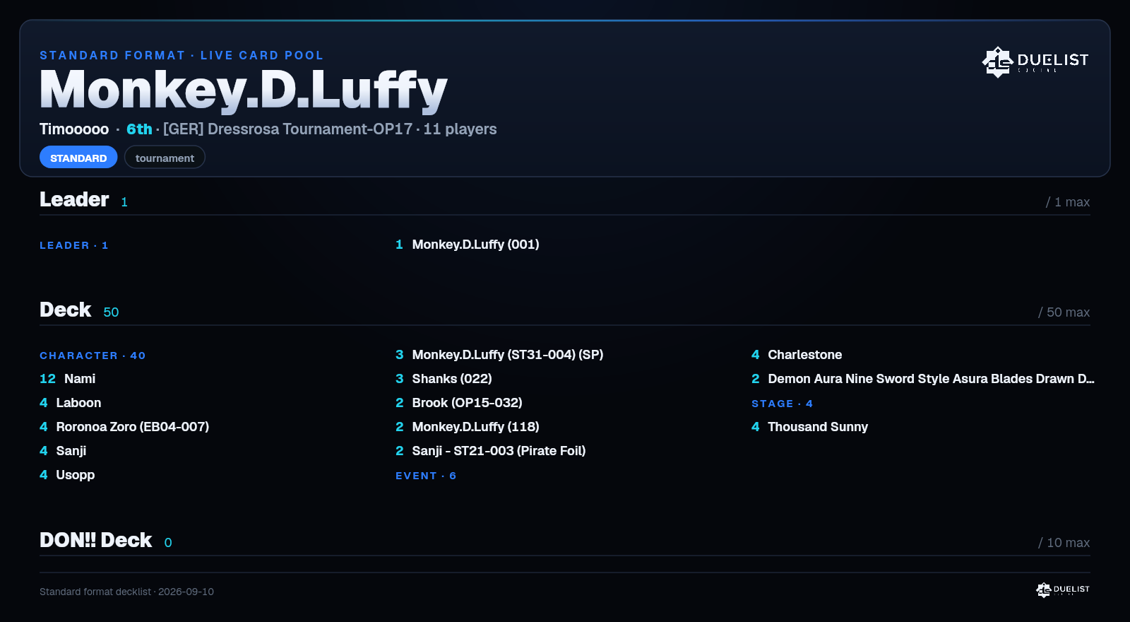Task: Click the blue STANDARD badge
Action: [x=78, y=158]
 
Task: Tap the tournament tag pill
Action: [x=165, y=158]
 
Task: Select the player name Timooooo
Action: [x=74, y=129]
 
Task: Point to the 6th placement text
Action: [x=139, y=129]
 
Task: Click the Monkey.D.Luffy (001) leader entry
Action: [x=475, y=245]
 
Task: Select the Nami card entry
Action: [x=80, y=379]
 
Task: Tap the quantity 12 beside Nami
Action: [x=47, y=379]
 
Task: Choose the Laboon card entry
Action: [x=78, y=403]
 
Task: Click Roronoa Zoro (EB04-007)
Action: [x=133, y=427]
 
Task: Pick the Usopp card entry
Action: [x=76, y=475]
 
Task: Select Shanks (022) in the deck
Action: [x=452, y=379]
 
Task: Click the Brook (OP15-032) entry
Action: [x=467, y=403]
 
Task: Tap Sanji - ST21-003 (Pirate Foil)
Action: [x=499, y=451]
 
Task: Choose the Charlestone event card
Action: [x=804, y=355]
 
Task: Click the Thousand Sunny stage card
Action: [x=818, y=427]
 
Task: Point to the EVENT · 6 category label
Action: [x=426, y=476]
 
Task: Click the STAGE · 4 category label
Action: [x=782, y=404]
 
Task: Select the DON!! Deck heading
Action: [x=96, y=540]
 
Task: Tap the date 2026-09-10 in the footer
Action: [x=186, y=592]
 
